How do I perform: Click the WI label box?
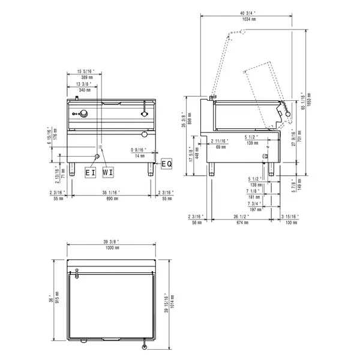pyautogui.click(x=108, y=173)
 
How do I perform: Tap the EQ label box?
pyautogui.click(x=166, y=163)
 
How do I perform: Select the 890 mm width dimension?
pyautogui.click(x=110, y=197)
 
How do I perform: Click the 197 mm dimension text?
pyautogui.click(x=254, y=209)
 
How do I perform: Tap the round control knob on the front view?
pyautogui.click(x=85, y=114)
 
